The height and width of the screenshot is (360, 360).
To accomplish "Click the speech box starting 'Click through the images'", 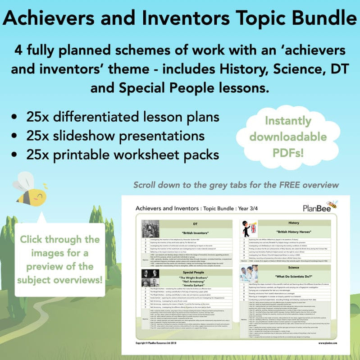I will (x=60, y=259).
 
